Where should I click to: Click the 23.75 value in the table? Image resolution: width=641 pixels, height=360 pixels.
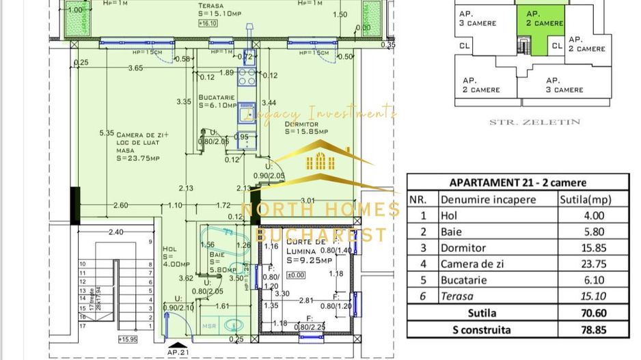(x=592, y=264)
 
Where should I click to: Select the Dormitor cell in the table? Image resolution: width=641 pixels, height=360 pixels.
(x=463, y=248)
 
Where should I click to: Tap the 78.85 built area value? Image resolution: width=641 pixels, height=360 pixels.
(x=592, y=330)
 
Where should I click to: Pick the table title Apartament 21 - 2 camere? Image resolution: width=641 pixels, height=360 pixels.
(x=517, y=182)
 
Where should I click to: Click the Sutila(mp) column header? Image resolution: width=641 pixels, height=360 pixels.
(x=585, y=199)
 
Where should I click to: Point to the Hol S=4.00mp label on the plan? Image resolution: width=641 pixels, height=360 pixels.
(x=174, y=256)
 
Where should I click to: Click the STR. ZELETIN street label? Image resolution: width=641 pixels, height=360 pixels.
(x=534, y=122)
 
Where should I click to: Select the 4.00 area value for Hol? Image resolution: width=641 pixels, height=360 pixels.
(x=592, y=216)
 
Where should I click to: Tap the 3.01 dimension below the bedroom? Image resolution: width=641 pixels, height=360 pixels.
(x=308, y=201)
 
